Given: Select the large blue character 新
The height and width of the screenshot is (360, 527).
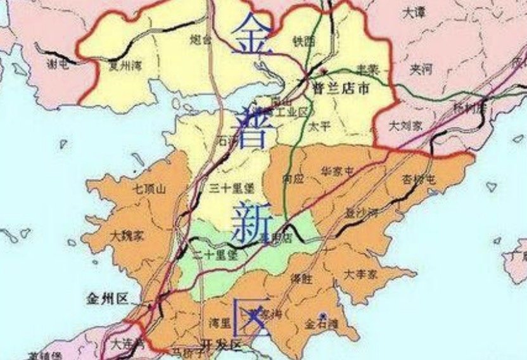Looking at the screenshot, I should click(252, 222).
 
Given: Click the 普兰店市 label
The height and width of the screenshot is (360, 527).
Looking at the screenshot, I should click(340, 89).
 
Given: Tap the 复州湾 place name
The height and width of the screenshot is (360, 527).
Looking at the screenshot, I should click(124, 64).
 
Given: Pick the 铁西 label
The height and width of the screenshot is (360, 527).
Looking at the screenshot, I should click(303, 41).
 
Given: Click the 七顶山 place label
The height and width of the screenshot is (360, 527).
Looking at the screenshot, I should click(149, 188).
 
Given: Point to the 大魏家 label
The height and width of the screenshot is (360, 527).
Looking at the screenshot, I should click(127, 235).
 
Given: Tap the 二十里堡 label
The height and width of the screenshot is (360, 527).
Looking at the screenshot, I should click(214, 255).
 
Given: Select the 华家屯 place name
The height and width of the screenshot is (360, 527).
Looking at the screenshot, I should click(337, 170).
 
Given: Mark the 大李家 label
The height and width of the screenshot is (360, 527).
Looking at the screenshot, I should click(360, 274).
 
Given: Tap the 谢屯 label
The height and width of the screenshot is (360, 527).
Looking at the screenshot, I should click(59, 63).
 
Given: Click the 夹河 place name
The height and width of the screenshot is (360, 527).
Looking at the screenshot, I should click(421, 69).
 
